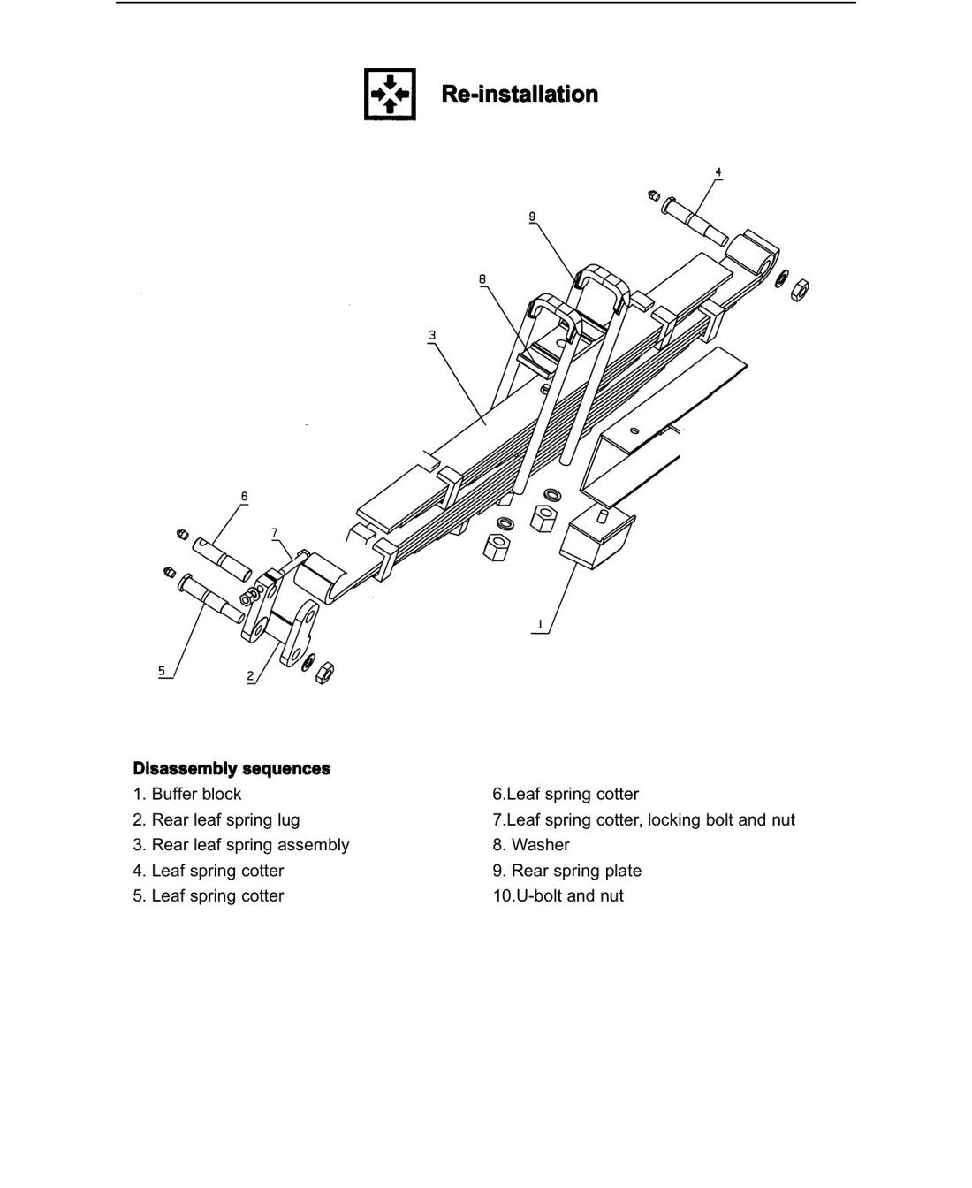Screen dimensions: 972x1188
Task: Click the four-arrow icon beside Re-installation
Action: click(390, 94)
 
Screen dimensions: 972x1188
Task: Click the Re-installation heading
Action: click(520, 94)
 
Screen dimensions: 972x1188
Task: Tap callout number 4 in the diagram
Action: click(718, 171)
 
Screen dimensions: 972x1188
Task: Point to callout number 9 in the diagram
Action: click(532, 217)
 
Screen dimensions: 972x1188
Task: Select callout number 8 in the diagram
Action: click(482, 278)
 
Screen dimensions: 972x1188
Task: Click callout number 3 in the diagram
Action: click(432, 335)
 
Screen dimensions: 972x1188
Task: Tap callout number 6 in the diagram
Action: click(244, 496)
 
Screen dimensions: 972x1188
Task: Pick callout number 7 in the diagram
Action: click(274, 533)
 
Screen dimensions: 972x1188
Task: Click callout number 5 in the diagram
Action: click(162, 671)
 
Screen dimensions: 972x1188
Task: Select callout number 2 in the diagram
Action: click(251, 676)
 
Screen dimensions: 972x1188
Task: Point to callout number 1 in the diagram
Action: click(541, 624)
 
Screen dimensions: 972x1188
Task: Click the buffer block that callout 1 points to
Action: click(597, 537)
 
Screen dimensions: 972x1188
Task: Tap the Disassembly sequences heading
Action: click(232, 768)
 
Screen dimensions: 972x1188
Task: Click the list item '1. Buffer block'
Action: click(187, 795)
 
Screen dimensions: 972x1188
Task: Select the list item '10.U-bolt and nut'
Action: click(558, 895)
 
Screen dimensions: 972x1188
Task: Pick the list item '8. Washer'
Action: click(531, 845)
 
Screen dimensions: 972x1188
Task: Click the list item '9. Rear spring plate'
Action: click(567, 871)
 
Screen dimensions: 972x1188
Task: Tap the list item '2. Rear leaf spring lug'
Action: click(216, 819)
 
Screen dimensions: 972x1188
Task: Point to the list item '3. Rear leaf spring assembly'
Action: click(241, 845)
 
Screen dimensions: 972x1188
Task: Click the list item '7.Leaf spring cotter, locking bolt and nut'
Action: click(643, 819)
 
